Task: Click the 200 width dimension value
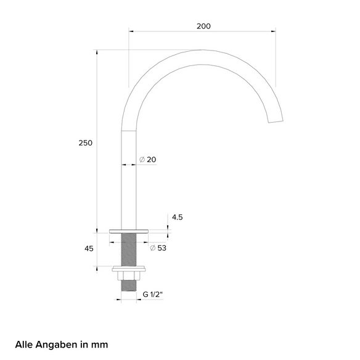click(x=203, y=26)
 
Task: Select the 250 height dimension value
click(x=86, y=143)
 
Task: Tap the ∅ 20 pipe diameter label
click(x=148, y=159)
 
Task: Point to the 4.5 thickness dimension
click(x=178, y=217)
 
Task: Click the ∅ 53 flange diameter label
click(x=158, y=248)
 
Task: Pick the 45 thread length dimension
click(x=89, y=248)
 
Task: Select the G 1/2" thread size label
click(x=153, y=294)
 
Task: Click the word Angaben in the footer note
click(x=57, y=345)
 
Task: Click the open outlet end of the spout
click(x=276, y=121)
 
